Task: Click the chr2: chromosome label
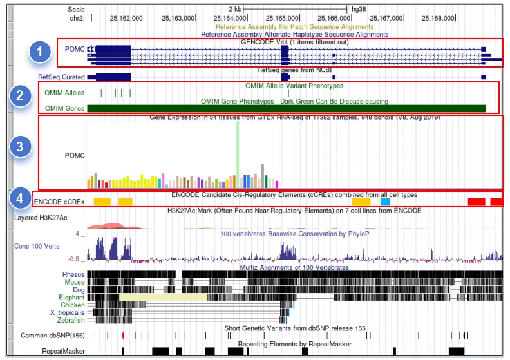coord(76,18)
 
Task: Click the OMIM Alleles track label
coord(64,93)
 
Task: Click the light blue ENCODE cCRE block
coord(385,202)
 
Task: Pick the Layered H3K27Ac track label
coord(43,218)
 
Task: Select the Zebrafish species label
coord(68,320)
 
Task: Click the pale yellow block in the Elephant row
coord(163,297)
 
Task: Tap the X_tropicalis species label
coord(64,312)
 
